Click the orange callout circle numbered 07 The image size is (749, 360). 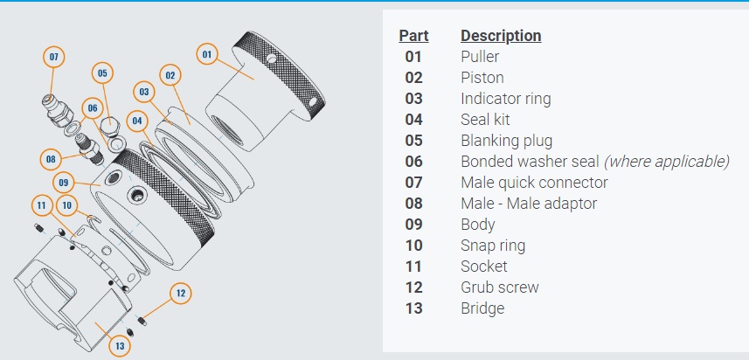pyautogui.click(x=54, y=57)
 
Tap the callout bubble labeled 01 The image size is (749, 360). pyautogui.click(x=207, y=54)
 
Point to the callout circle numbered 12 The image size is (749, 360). pyautogui.click(x=180, y=293)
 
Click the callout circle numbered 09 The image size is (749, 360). pyautogui.click(x=63, y=183)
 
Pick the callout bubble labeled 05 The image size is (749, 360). pyautogui.click(x=102, y=73)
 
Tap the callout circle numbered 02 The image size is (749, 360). pyautogui.click(x=170, y=75)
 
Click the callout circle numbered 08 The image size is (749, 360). pyautogui.click(x=52, y=159)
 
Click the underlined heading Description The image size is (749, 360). pyautogui.click(x=501, y=36)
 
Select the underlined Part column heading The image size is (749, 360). pyautogui.click(x=413, y=36)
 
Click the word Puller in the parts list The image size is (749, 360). pyautogui.click(x=482, y=57)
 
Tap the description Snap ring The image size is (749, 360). pyautogui.click(x=493, y=246)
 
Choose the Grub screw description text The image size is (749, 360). pyautogui.click(x=499, y=287)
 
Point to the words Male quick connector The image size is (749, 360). pyautogui.click(x=533, y=183)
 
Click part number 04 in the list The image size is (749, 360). pyautogui.click(x=413, y=120)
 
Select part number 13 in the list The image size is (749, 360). pyautogui.click(x=413, y=308)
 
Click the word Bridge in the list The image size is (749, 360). pyautogui.click(x=482, y=308)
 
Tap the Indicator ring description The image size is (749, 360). pyautogui.click(x=505, y=99)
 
